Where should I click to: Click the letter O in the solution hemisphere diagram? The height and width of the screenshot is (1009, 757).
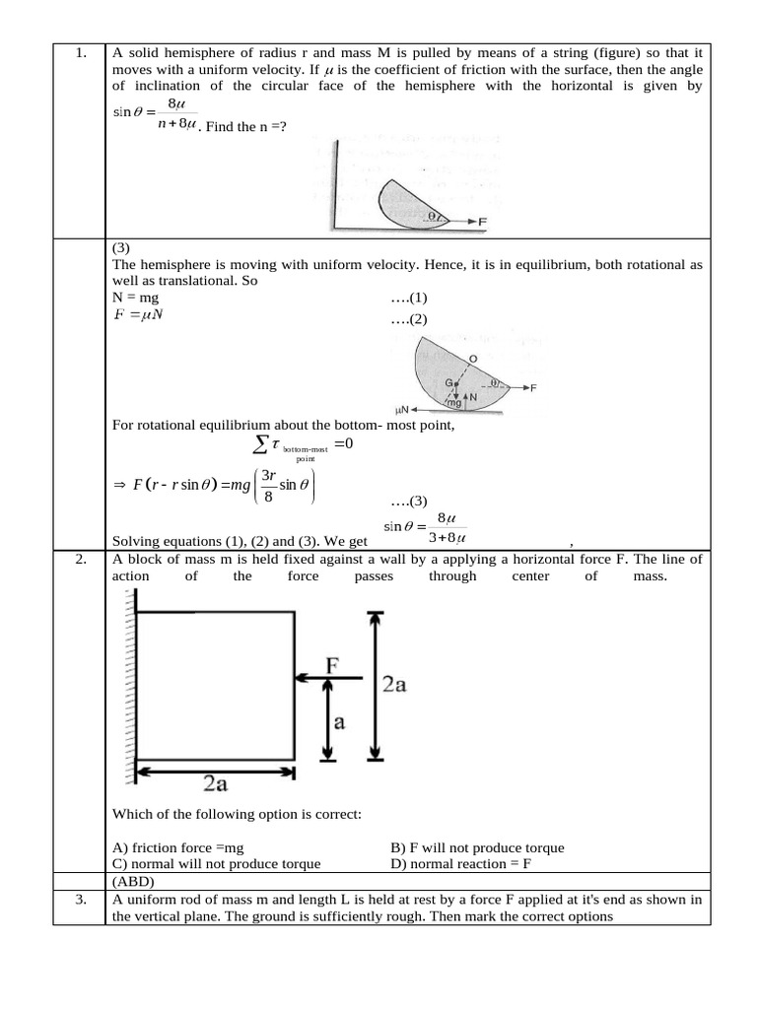point(473,359)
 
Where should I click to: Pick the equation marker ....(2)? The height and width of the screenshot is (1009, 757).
point(409,319)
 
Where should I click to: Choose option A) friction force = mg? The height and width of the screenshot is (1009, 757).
point(178,847)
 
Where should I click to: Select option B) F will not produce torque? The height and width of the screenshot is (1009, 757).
point(477,847)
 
